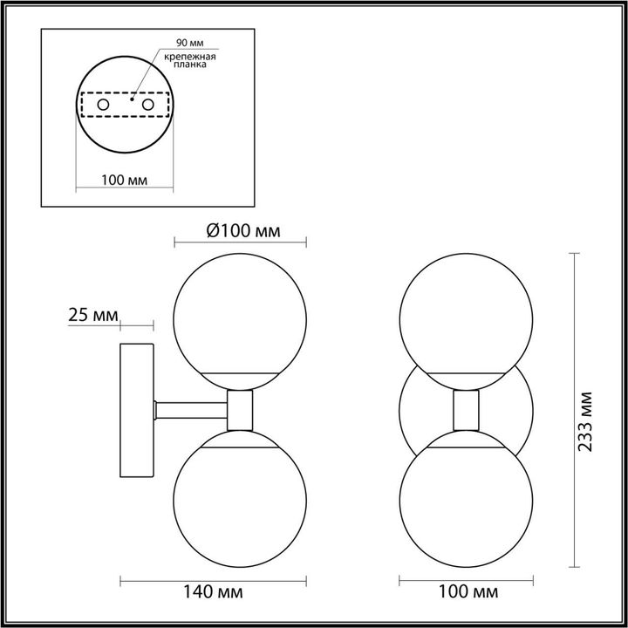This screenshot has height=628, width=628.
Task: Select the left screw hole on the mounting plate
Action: [104, 105]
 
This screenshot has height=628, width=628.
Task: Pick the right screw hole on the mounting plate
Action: [148, 105]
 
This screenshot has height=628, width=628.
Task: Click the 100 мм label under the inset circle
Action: [123, 180]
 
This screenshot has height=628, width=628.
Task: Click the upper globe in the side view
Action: [240, 314]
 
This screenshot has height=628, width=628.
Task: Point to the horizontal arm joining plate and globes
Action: [190, 406]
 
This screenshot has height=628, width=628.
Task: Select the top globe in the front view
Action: [463, 314]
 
